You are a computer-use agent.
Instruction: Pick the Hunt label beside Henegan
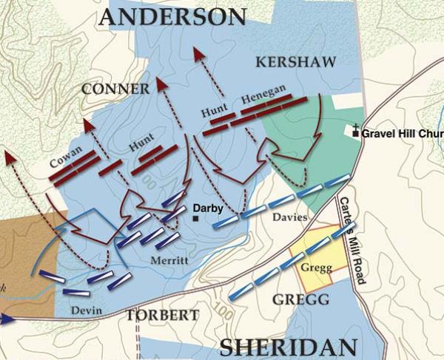tap(213, 109)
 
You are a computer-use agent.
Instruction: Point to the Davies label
tap(289, 217)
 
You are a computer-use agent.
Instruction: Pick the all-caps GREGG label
tap(300, 299)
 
